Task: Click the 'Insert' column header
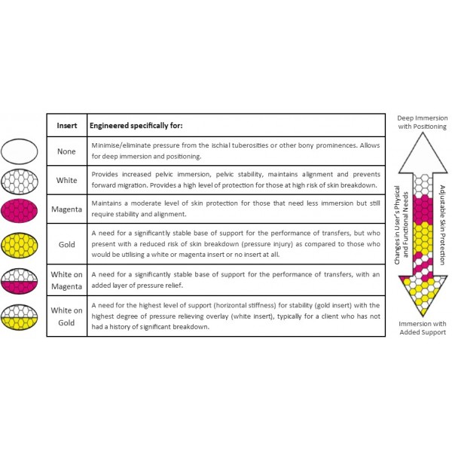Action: pos(67,126)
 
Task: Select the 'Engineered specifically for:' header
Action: pos(136,126)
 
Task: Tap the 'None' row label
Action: pos(66,151)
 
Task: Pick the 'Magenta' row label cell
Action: pos(66,209)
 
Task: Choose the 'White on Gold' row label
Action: pos(66,316)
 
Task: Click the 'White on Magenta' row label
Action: pos(66,280)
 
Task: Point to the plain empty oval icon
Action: pos(20,151)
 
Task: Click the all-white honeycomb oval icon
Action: pos(20,182)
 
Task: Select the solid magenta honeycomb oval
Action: pos(20,211)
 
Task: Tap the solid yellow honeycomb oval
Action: pos(20,246)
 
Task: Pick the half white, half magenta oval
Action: pos(20,281)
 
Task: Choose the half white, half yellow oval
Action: pos(20,317)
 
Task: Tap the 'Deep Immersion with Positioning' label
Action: pos(423,122)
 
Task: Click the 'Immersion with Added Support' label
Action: pos(423,328)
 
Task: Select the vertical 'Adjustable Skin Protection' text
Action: pos(442,224)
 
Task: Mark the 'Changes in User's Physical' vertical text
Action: pos(397,224)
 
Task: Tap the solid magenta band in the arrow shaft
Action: pos(423,209)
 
